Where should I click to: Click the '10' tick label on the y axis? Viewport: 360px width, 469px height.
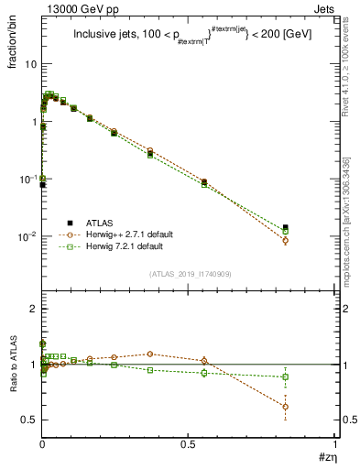click(30, 64)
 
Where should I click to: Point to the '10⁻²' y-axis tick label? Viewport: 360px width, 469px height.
click(27, 236)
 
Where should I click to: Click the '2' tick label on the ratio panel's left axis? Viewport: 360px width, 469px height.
click(33, 309)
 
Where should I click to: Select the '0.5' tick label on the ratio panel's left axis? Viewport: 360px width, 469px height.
click(29, 420)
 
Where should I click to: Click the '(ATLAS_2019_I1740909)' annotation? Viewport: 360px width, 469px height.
click(190, 274)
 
